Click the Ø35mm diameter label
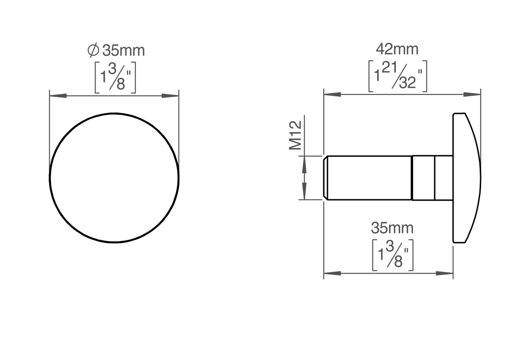(116, 50)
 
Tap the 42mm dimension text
(397, 49)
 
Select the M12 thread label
(295, 135)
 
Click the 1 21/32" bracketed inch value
(397, 76)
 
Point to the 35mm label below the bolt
(392, 228)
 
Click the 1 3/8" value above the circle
(115, 77)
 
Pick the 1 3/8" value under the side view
(392, 255)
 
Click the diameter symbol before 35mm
(94, 50)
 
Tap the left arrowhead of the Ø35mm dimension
(58, 96)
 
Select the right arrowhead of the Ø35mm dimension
(170, 96)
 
